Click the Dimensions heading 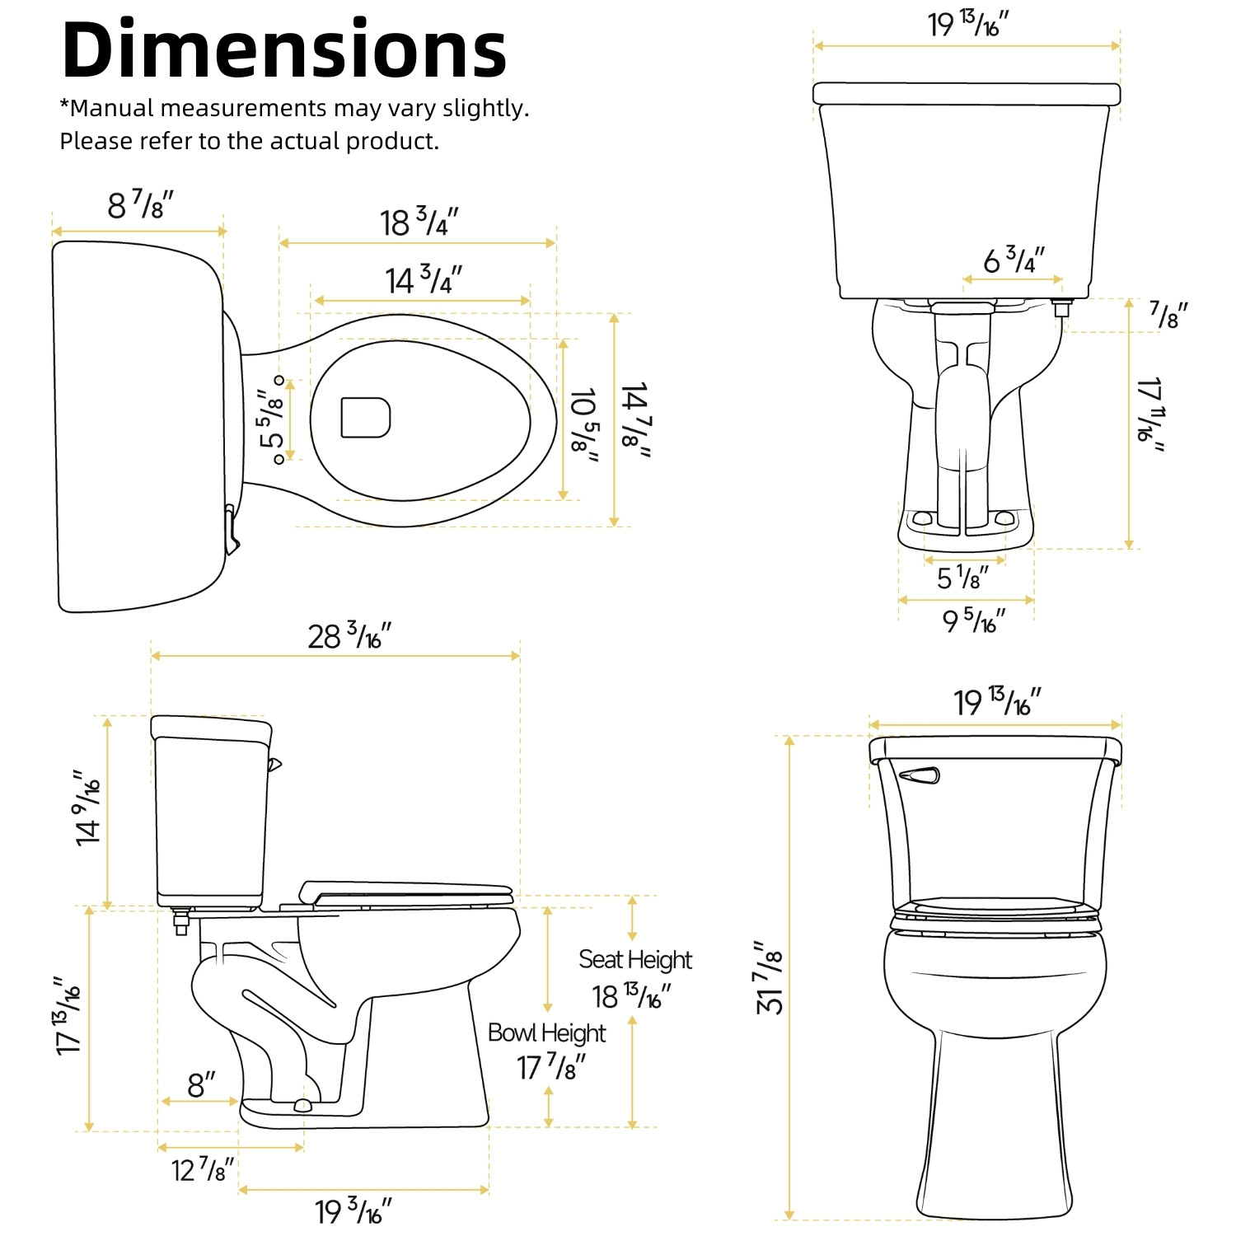point(284,49)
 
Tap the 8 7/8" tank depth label point(141,204)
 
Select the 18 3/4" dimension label point(419,222)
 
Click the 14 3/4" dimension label point(424,280)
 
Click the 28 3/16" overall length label point(349,636)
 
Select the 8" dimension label point(201,1084)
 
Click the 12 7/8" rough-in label point(203,1169)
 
